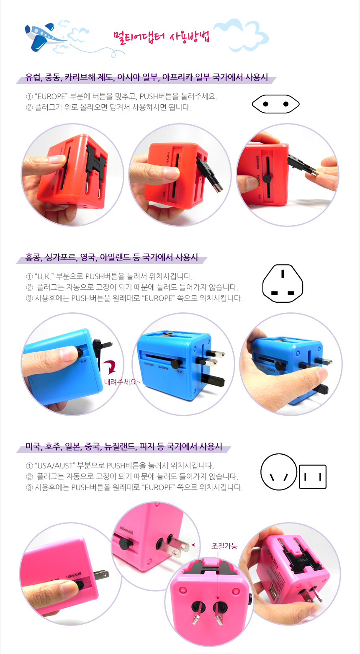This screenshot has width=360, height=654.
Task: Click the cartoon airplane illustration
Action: [44, 37]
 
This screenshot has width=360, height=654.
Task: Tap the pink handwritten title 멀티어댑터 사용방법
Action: [162, 37]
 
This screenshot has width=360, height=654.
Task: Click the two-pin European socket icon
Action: [275, 104]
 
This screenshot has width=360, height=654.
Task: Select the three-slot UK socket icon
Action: [283, 283]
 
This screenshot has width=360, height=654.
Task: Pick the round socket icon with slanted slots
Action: [278, 472]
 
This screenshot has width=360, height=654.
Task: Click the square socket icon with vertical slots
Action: [313, 477]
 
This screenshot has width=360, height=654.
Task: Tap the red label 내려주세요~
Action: [122, 382]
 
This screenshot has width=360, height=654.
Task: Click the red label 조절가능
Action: [224, 546]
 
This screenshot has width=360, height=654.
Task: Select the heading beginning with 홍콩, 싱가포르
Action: [111, 257]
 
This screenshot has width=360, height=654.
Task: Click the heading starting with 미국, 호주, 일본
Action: [124, 446]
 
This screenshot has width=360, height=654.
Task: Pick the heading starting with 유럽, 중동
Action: [147, 77]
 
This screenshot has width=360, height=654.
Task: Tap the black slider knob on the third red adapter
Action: [267, 179]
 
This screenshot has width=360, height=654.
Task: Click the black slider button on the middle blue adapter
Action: [175, 364]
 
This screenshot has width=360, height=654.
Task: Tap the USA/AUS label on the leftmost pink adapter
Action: [74, 575]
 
